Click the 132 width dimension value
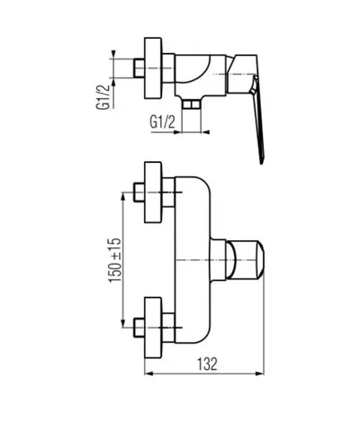tap(207, 364)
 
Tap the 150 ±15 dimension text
tap(114, 260)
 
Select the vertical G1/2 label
tap(102, 97)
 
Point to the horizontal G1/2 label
tap(162, 122)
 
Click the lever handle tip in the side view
tap(262, 162)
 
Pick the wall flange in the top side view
tap(154, 68)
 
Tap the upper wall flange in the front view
tap(154, 193)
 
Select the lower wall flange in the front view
tap(154, 328)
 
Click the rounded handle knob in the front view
tap(245, 259)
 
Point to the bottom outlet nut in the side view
tap(191, 104)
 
